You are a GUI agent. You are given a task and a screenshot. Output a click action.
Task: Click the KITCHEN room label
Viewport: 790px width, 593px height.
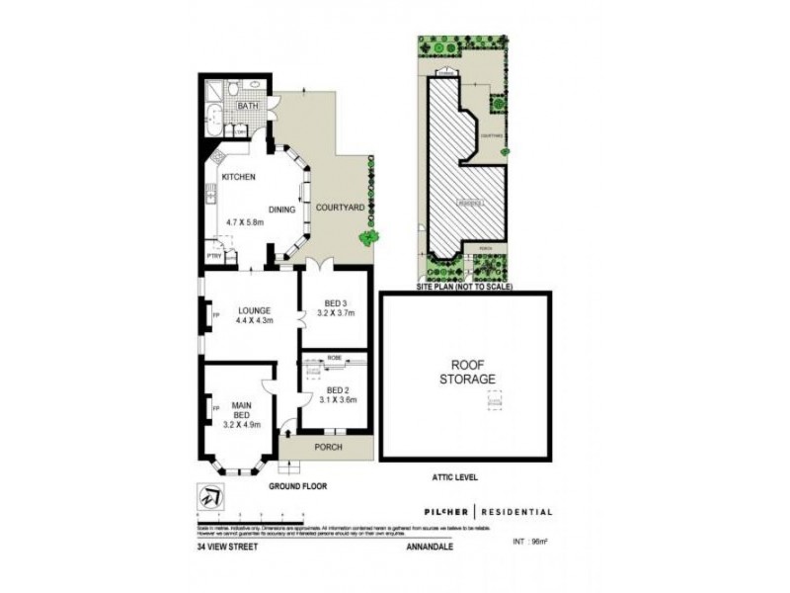(238, 177)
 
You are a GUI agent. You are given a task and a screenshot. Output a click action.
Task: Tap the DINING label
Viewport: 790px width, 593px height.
(281, 210)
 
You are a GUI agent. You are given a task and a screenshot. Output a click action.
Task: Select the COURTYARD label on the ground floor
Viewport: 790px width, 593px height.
(339, 207)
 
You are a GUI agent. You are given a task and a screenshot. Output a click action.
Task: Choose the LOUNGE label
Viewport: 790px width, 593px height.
(253, 307)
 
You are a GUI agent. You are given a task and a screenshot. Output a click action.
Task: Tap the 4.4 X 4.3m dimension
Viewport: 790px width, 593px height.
(253, 320)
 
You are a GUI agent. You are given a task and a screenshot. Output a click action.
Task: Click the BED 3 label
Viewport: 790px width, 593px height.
(337, 303)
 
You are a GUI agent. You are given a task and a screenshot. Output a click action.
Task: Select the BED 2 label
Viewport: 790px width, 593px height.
(337, 389)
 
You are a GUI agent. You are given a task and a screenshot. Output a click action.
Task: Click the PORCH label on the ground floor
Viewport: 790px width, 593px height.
(328, 448)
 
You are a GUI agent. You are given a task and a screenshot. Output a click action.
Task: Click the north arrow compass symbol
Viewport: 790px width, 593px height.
(208, 498)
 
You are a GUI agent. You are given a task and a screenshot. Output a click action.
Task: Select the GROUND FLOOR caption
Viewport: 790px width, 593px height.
(297, 486)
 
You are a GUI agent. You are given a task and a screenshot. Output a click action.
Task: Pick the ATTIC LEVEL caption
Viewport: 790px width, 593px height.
(454, 477)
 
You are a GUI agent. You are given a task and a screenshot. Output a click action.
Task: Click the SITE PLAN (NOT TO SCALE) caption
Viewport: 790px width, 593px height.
(464, 286)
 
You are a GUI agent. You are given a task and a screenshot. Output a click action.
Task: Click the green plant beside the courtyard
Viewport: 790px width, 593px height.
(368, 237)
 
